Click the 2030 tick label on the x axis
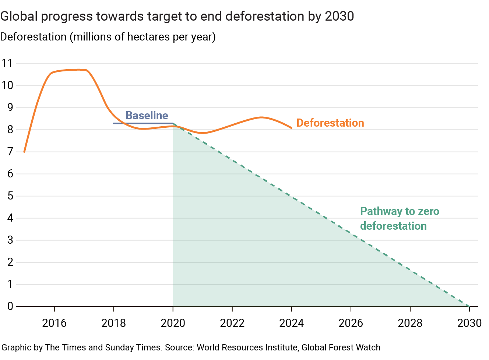click(x=469, y=323)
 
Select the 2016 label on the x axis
click(x=54, y=323)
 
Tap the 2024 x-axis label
click(x=291, y=323)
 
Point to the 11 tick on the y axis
click(x=7, y=63)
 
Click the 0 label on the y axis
click(x=10, y=306)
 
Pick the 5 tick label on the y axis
click(x=10, y=196)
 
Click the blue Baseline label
click(x=147, y=116)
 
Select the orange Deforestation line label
click(x=330, y=123)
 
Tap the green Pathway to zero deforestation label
click(x=399, y=219)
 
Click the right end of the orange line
click(x=291, y=128)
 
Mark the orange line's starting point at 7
click(x=24, y=152)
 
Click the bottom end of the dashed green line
click(x=469, y=306)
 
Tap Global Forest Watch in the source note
click(x=341, y=347)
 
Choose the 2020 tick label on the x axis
click(x=173, y=323)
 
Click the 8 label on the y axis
click(x=10, y=130)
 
